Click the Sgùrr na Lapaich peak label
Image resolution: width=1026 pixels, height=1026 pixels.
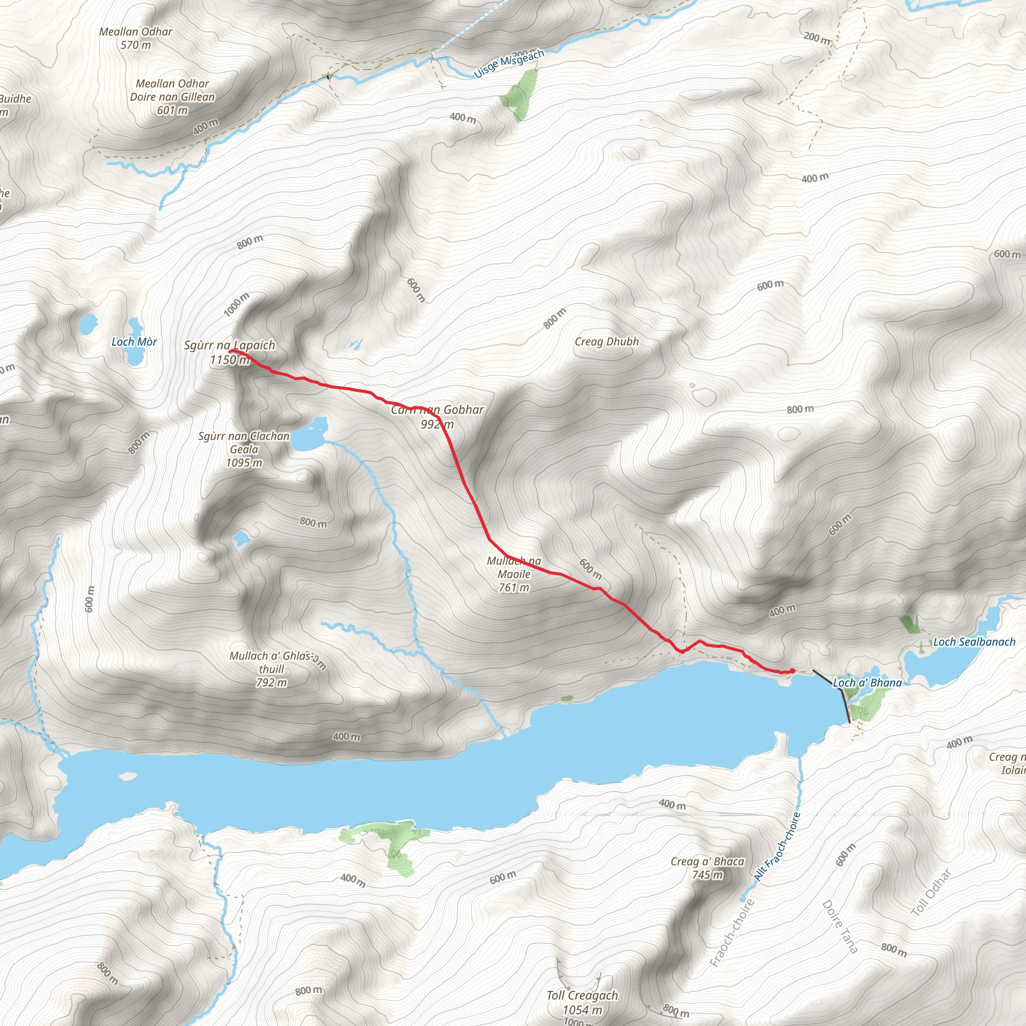pos(229,345)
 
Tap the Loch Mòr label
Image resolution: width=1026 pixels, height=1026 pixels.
pos(134,342)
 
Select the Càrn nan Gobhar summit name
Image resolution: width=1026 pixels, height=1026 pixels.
pos(437,410)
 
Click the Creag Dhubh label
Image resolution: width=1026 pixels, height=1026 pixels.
pos(607,342)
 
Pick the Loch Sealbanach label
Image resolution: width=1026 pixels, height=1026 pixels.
pos(974,642)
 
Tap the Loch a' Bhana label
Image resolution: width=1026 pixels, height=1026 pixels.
pos(867,683)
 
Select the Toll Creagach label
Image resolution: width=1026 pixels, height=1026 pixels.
pos(582,995)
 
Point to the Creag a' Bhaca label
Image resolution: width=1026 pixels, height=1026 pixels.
pos(707,861)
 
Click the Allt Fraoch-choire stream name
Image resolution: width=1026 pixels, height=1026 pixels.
pos(777,847)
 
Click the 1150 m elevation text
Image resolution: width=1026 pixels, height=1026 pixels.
pos(229,360)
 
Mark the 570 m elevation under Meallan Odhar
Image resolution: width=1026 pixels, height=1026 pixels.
pos(135,45)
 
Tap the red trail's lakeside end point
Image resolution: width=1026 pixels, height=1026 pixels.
pos(792,671)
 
